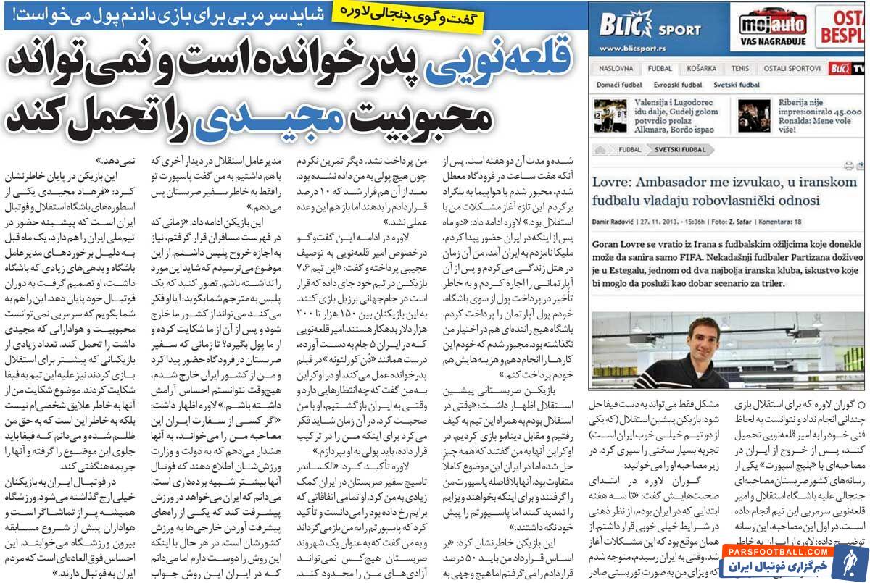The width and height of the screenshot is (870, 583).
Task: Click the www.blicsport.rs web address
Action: click(633, 49)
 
